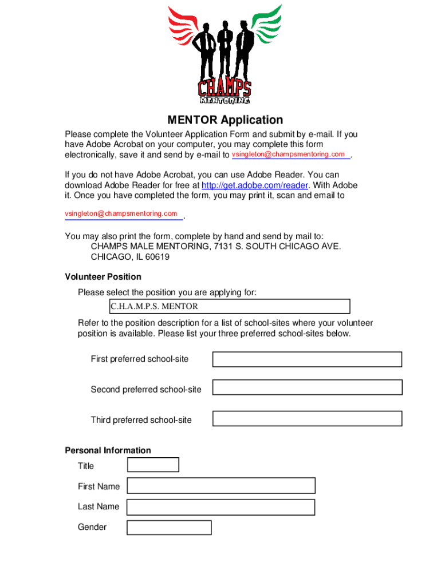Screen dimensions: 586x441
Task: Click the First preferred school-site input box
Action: pos(307,359)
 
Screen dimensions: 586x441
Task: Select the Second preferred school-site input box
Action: pos(307,387)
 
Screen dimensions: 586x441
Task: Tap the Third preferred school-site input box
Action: pos(307,418)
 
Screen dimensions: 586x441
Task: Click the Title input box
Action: pos(153,465)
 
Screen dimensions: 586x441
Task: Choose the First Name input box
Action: pos(220,486)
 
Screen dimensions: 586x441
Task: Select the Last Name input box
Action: pos(220,507)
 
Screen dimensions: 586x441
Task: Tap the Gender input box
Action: pos(169,527)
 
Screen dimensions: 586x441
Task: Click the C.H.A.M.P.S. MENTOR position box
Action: pos(229,306)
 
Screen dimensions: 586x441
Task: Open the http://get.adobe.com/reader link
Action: pos(255,185)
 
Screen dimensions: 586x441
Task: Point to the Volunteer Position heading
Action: pos(103,277)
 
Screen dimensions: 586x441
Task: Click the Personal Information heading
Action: pos(108,450)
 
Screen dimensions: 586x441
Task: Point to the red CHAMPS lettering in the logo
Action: pos(224,89)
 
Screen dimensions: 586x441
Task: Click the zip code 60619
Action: pos(157,257)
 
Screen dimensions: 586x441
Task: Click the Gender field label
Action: pos(92,527)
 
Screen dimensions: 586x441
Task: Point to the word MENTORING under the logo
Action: pos(225,101)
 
